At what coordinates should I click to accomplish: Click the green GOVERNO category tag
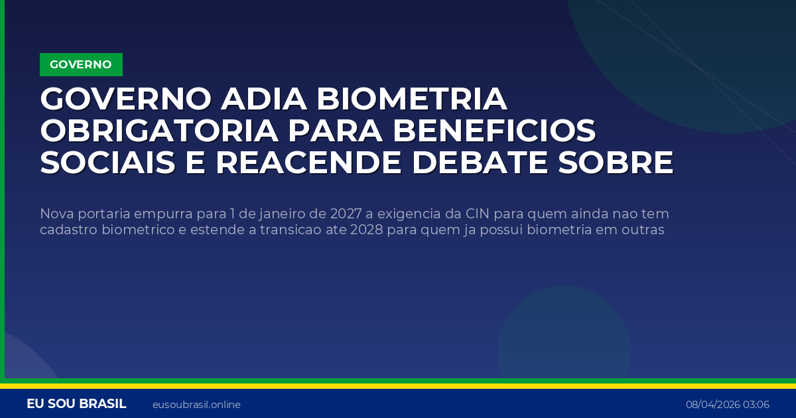click(x=81, y=64)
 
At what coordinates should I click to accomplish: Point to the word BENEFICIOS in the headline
click(x=494, y=131)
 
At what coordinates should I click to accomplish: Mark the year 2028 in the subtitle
click(x=364, y=230)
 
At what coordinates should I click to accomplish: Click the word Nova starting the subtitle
click(x=54, y=214)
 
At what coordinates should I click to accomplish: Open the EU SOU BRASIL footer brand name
click(x=76, y=404)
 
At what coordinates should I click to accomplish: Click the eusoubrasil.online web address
click(x=196, y=405)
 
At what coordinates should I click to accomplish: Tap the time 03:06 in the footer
click(x=757, y=405)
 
